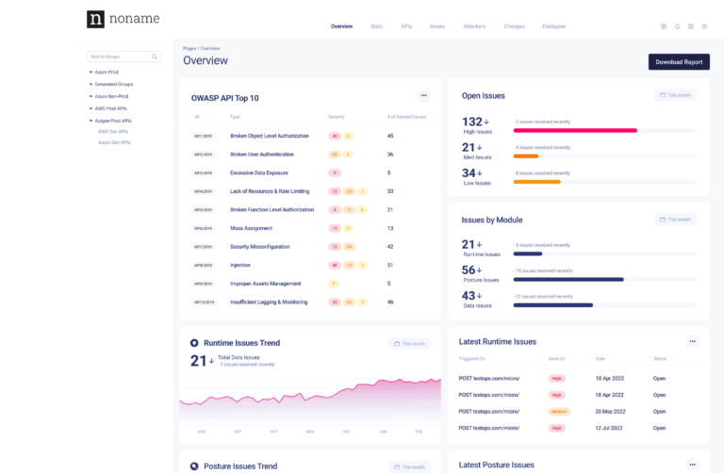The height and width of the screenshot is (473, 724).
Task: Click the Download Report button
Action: [x=679, y=62]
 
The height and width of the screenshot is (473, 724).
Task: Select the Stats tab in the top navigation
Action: [x=377, y=26]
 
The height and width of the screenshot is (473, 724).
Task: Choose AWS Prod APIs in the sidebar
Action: [x=112, y=108]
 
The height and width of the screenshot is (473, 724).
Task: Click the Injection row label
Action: [x=240, y=265]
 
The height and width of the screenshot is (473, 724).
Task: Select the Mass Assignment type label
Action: [x=252, y=228]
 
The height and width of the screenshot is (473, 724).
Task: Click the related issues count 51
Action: [x=390, y=265]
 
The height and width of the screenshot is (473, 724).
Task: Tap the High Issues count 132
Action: [x=472, y=122]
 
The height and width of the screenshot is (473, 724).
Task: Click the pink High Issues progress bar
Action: [x=574, y=130]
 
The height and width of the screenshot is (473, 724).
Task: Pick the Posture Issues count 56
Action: [x=469, y=269]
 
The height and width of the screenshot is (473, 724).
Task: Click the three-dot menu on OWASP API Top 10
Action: [x=423, y=95]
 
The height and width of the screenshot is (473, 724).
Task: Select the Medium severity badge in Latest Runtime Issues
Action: [x=559, y=412]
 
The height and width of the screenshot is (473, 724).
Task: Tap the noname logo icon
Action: [x=95, y=19]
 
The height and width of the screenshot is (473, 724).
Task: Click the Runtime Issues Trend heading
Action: [x=242, y=343]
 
